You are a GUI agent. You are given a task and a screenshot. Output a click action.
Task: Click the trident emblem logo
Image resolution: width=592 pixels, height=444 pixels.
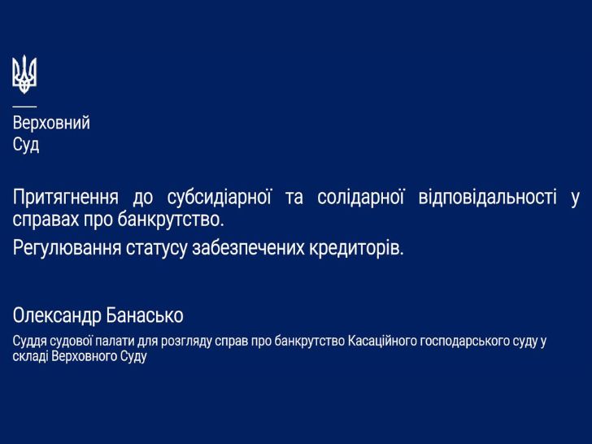tap(24, 74)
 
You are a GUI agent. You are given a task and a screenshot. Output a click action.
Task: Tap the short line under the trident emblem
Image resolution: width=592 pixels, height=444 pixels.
tap(24, 107)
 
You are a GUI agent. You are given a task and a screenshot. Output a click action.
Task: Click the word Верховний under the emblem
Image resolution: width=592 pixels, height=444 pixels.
tap(51, 123)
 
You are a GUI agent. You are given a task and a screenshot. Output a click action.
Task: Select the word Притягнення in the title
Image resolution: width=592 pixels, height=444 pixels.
tap(66, 198)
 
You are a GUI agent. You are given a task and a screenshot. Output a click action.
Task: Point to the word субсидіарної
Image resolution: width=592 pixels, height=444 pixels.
tap(219, 198)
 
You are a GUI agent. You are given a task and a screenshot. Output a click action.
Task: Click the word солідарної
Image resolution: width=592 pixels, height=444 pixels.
tap(360, 198)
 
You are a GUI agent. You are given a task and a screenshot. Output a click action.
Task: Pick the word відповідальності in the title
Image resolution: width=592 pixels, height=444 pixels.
tap(487, 197)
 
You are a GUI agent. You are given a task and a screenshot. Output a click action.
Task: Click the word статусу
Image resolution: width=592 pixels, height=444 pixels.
tap(156, 249)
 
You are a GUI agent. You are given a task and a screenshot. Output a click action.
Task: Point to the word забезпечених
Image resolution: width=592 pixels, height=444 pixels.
tap(249, 249)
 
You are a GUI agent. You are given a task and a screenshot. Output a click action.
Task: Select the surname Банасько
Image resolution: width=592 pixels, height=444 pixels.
tap(145, 316)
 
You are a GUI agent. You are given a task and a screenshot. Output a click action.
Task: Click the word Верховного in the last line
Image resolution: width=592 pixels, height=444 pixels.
tap(85, 356)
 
